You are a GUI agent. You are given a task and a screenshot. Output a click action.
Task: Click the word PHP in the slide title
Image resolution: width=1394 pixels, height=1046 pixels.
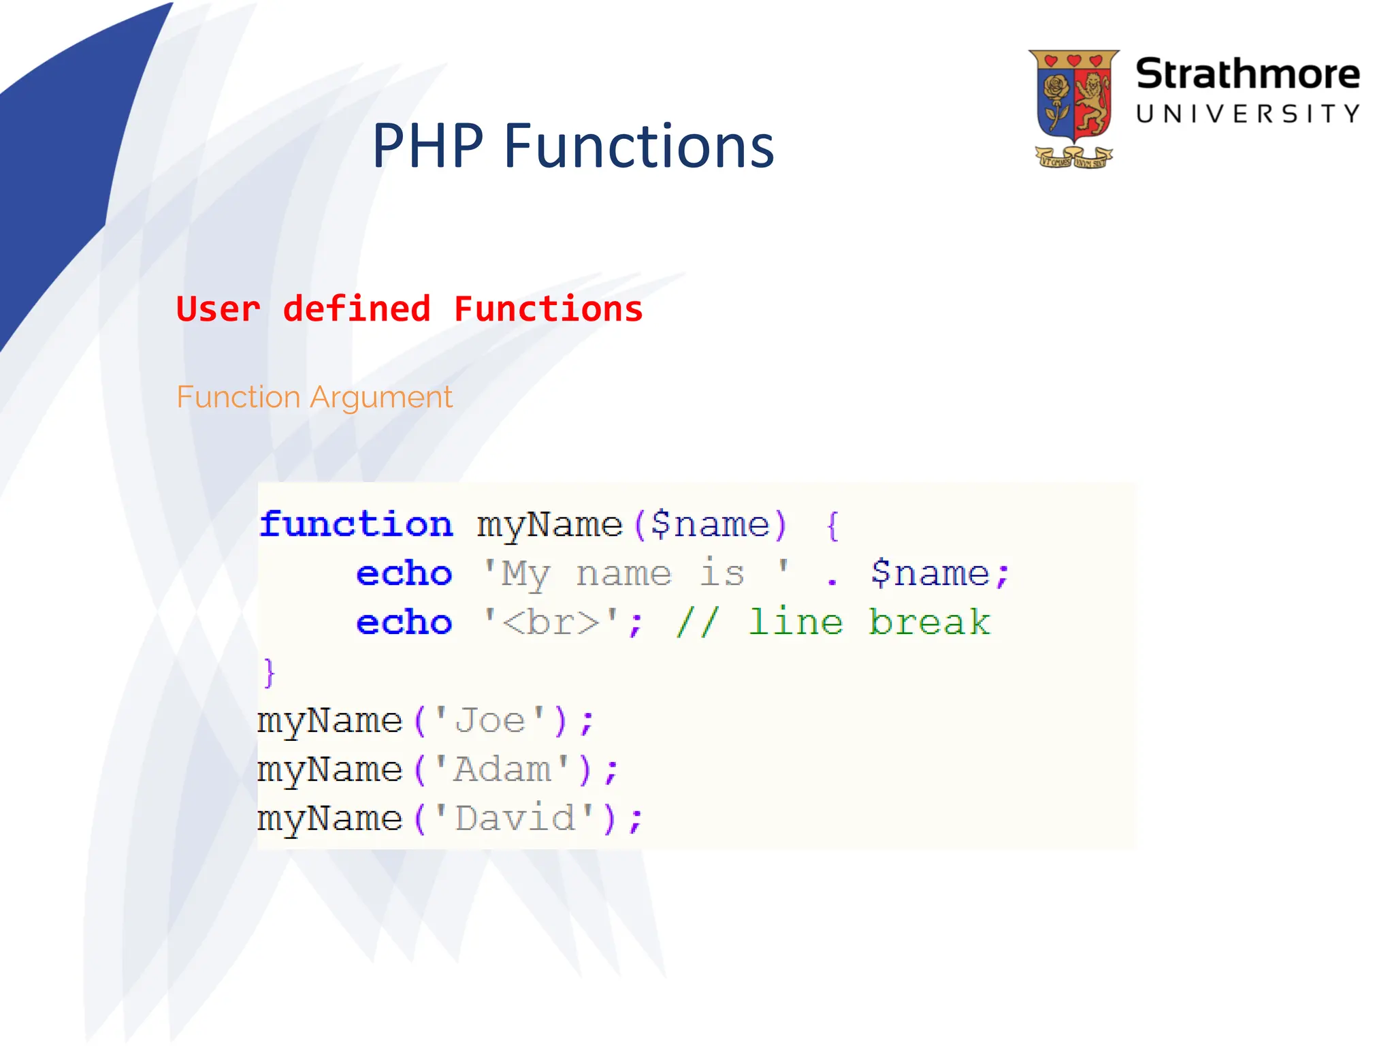[x=427, y=146]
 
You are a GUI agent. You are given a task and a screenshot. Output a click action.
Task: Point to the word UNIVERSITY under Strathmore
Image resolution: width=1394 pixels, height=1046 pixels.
[x=1247, y=114]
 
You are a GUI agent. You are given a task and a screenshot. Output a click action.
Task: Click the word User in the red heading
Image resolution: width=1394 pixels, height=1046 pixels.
[x=218, y=309]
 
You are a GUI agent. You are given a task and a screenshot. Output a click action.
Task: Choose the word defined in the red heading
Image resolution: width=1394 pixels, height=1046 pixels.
[x=357, y=309]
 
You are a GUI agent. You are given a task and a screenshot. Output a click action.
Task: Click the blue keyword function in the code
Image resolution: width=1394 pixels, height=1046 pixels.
[x=355, y=524]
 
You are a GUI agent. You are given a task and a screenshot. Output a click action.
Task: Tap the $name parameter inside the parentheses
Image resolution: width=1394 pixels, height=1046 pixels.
[x=709, y=524]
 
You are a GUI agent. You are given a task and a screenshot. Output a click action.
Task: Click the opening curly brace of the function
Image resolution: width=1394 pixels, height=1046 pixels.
[x=832, y=526]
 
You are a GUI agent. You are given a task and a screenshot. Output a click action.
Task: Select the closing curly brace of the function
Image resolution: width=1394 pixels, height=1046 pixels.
[x=270, y=673]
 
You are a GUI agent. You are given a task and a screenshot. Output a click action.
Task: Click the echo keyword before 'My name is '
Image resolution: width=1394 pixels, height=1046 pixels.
[x=404, y=573]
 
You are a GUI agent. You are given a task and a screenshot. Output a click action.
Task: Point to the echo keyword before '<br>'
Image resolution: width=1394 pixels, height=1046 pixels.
[x=404, y=622]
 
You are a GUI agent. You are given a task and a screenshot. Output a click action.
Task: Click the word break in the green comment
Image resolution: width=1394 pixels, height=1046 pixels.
[x=929, y=622]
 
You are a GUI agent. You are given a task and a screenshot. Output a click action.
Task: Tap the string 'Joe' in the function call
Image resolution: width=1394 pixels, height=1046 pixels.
[x=490, y=720]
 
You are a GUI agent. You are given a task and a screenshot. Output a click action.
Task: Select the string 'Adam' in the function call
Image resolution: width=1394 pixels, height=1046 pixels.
[x=502, y=770]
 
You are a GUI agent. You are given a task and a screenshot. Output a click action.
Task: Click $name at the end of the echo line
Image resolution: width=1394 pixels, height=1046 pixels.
[x=929, y=573]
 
